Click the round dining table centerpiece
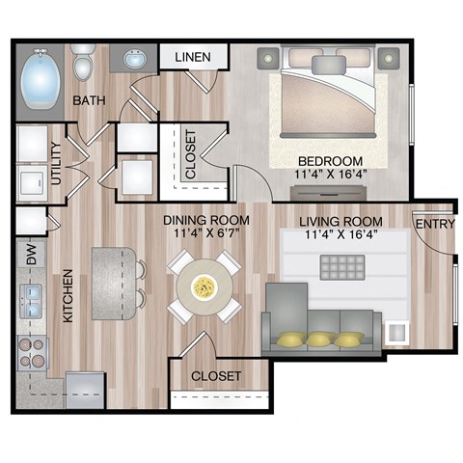tap(204, 286)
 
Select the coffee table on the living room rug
tap(343, 267)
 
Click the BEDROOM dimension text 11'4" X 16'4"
tap(330, 175)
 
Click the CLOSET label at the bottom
tap(216, 374)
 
